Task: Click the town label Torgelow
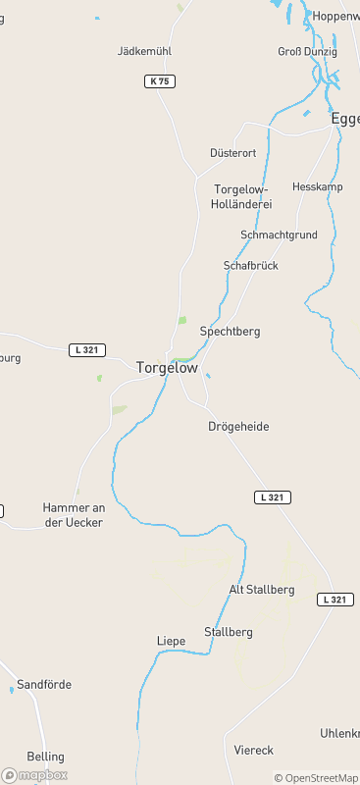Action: [x=167, y=368]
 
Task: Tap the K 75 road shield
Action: [x=161, y=81]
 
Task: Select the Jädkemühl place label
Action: [x=144, y=50]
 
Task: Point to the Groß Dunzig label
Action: [x=307, y=51]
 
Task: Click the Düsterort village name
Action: [x=233, y=153]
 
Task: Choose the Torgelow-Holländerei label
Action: [x=241, y=196]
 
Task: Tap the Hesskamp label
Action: [x=315, y=186]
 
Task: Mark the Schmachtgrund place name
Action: [x=279, y=235]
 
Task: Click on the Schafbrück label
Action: [x=251, y=266]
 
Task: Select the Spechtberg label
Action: [x=230, y=332]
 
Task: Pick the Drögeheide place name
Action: [x=238, y=427]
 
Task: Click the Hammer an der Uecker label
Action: [x=73, y=515]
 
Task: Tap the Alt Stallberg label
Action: [x=262, y=590]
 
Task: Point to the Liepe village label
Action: [x=171, y=641]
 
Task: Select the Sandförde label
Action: [x=44, y=684]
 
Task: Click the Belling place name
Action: [x=46, y=757]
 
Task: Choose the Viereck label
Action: [x=254, y=750]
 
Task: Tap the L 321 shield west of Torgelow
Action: [x=88, y=350]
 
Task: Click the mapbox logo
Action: [x=34, y=775]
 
